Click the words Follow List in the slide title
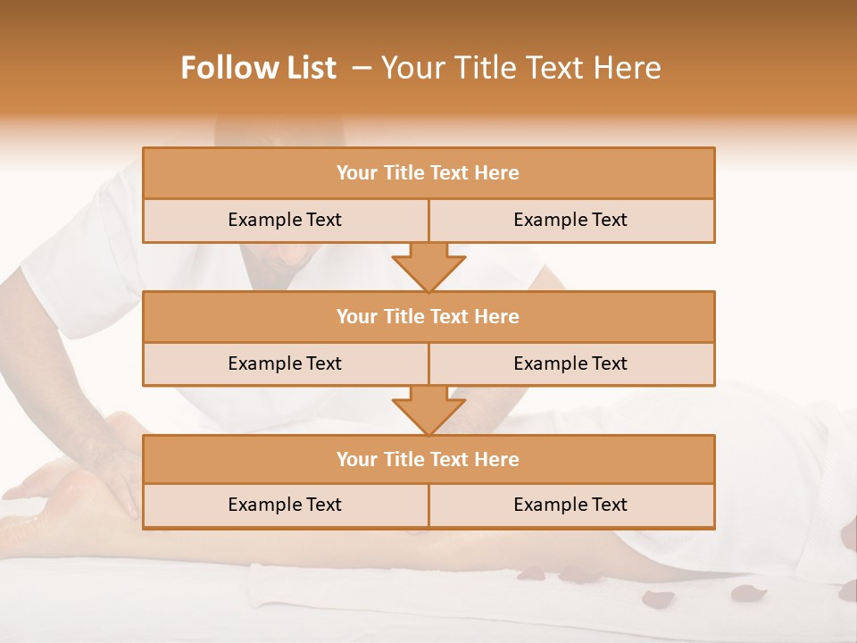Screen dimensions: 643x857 (x=258, y=68)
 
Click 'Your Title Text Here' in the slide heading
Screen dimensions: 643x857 (x=520, y=68)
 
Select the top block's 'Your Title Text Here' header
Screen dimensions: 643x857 (x=428, y=173)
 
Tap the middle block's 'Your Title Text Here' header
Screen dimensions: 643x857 (x=428, y=316)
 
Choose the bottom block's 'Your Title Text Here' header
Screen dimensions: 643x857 (x=428, y=459)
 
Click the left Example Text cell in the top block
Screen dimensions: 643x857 (x=285, y=220)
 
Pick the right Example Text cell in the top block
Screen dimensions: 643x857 (x=570, y=220)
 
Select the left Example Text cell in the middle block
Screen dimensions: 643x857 (x=285, y=363)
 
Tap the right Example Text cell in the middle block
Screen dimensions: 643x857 (x=570, y=363)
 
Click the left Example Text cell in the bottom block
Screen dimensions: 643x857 (x=285, y=505)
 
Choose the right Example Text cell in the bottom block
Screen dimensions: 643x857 (x=570, y=505)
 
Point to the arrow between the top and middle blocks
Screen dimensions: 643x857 (x=428, y=268)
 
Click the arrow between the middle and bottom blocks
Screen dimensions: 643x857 (x=428, y=411)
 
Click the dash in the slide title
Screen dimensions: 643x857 (x=362, y=68)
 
